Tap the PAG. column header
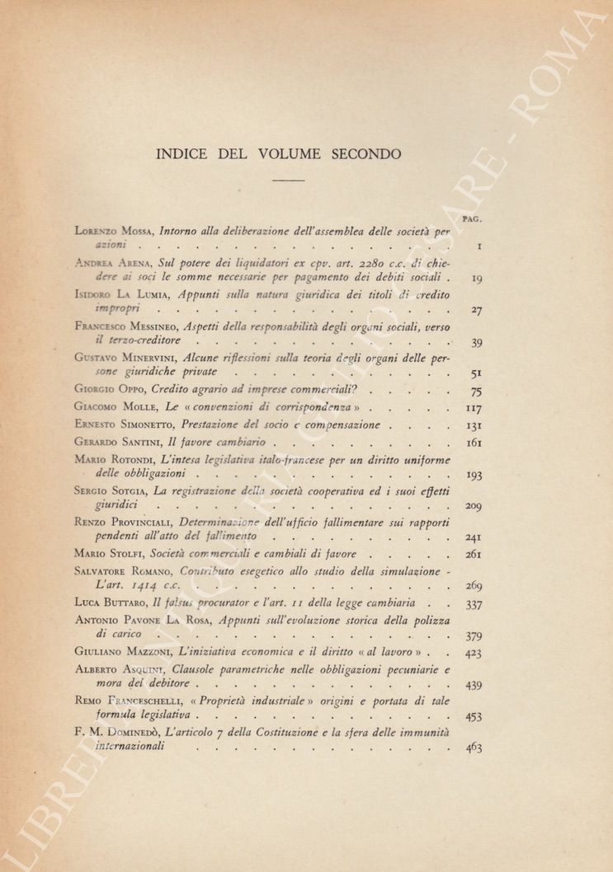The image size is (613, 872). point(472,219)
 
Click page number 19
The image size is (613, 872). point(476,279)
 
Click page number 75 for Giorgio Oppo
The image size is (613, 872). point(476,392)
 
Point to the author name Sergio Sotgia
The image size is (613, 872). point(108,490)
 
